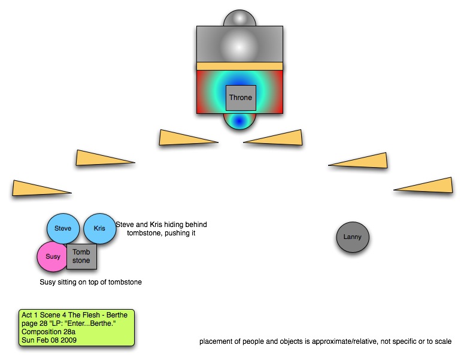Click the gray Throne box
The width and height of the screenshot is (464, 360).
(x=241, y=97)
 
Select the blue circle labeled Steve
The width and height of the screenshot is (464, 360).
(x=63, y=228)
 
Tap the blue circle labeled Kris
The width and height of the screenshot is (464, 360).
(x=99, y=228)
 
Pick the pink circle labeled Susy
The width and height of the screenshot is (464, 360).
(x=52, y=257)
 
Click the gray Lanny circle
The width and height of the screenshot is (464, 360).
(x=353, y=237)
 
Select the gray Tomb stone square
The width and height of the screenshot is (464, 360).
(x=81, y=256)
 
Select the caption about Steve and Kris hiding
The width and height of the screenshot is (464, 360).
(x=161, y=229)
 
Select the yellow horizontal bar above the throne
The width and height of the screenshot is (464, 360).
(x=239, y=65)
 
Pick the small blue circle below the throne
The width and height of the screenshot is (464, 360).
(x=239, y=121)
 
